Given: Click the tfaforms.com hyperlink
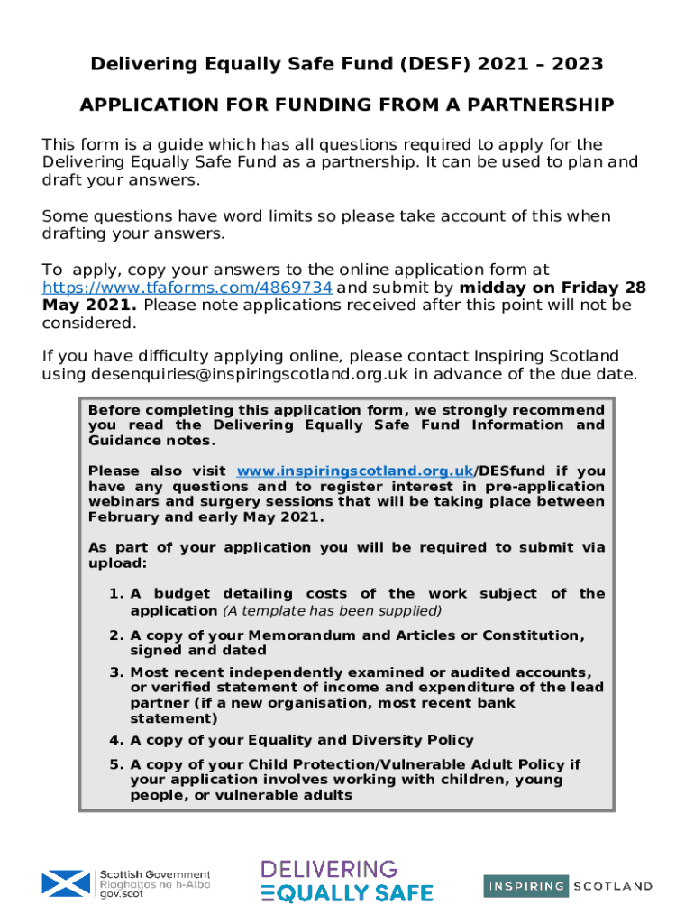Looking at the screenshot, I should tap(188, 288).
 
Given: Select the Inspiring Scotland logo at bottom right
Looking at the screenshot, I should tap(568, 886).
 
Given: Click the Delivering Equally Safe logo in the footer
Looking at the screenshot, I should tap(347, 882).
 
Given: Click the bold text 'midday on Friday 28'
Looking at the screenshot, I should tap(552, 288).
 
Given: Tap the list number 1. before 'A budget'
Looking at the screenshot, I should tap(115, 593).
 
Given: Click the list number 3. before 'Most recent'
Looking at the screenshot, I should tap(115, 672).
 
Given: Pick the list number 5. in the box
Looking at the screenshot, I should tap(115, 764).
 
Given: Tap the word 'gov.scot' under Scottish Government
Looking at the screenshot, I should tap(122, 893).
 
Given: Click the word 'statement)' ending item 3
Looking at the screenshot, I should tap(174, 718).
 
